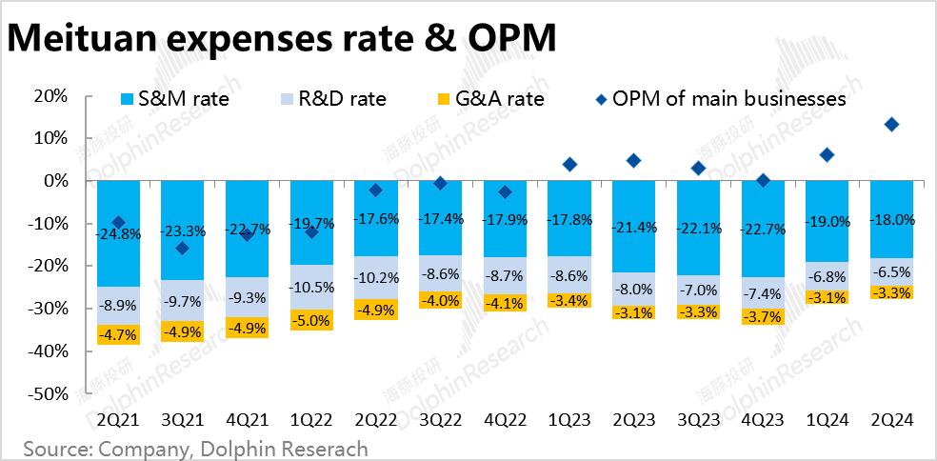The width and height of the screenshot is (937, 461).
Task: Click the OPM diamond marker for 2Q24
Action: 891,125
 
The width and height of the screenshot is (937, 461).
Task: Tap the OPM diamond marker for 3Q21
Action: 182,249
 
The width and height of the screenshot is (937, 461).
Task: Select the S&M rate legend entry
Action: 175,98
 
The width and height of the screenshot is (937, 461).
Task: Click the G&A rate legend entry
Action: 488,98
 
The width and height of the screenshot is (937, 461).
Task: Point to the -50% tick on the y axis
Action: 48,393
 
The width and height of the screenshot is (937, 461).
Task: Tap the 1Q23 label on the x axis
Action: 569,419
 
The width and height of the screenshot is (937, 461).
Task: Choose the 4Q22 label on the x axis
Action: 505,419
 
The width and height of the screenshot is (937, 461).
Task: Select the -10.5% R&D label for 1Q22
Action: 311,288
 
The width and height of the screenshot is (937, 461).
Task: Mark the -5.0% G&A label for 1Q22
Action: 311,320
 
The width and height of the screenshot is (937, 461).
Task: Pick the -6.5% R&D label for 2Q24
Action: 891,271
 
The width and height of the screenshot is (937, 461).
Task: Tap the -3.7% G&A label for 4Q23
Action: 763,316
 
